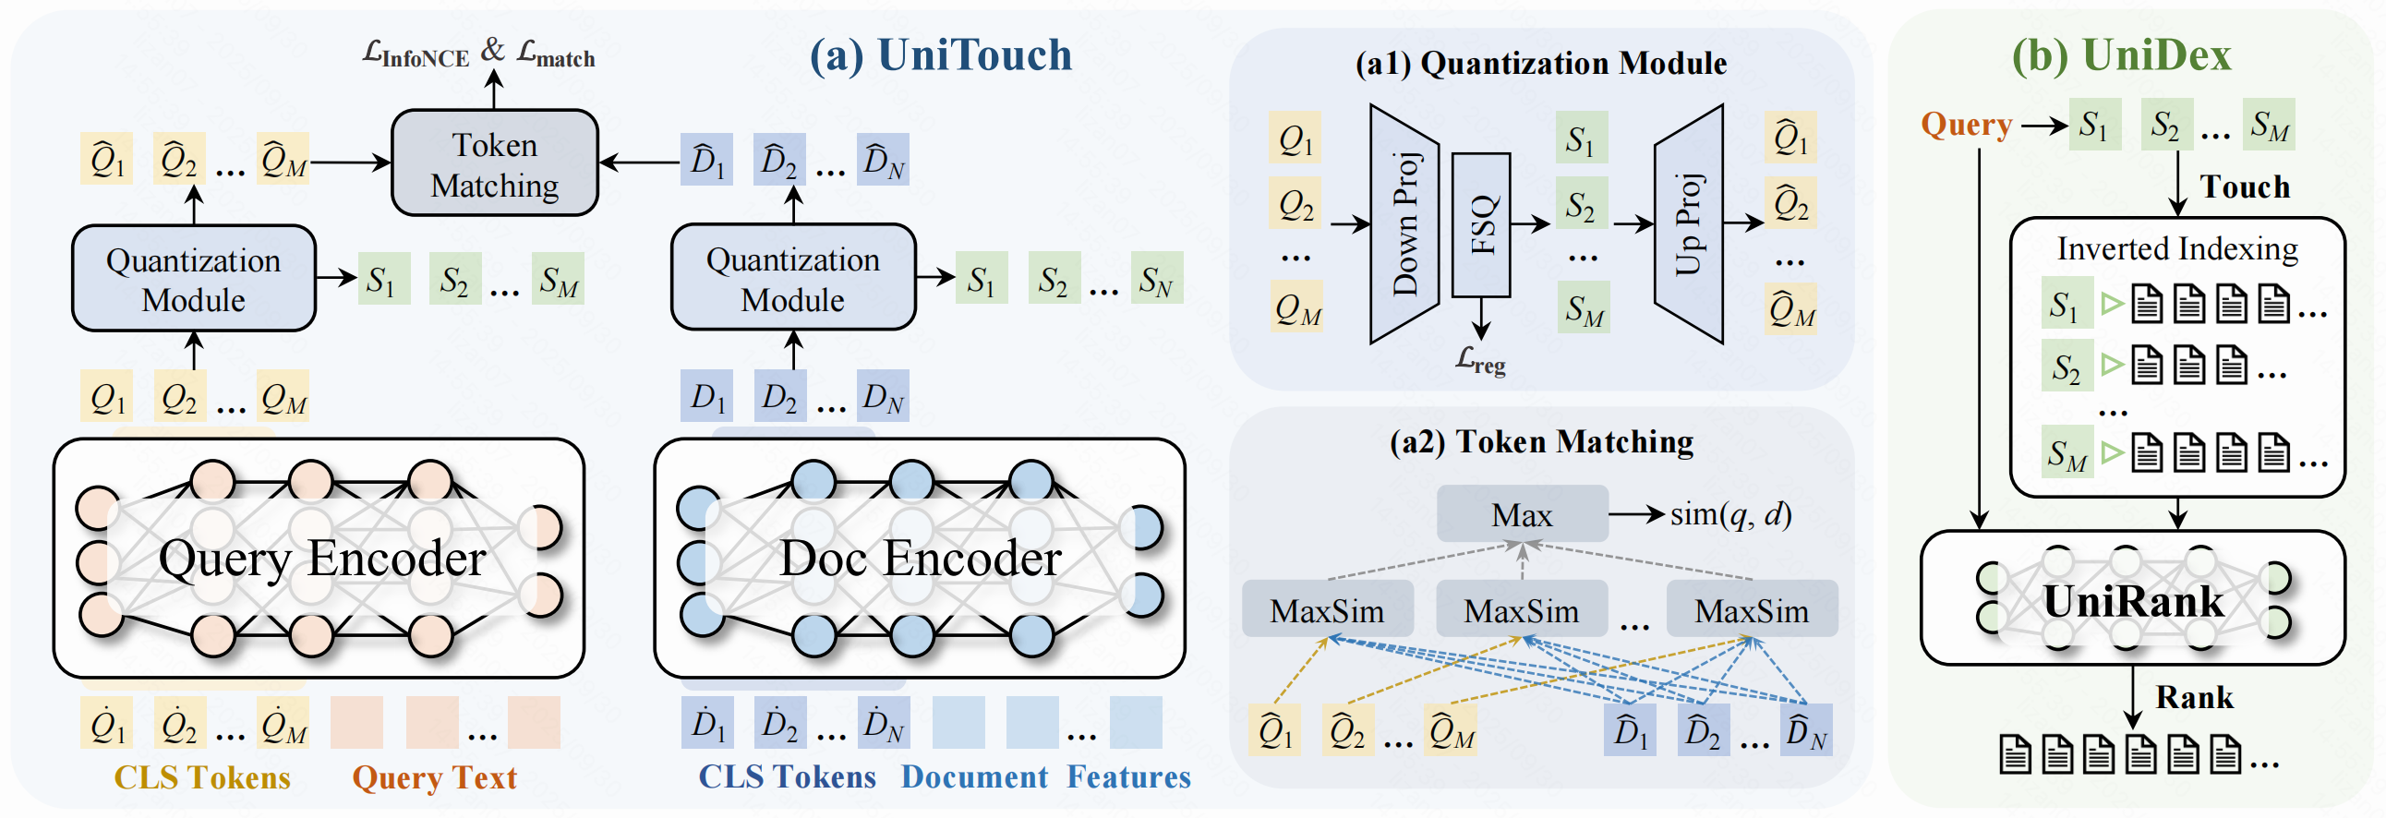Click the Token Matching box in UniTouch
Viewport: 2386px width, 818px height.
(x=495, y=164)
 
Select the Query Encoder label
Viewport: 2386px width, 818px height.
(x=321, y=558)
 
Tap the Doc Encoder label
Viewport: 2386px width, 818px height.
(x=920, y=558)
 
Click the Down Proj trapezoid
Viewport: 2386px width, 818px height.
(x=1404, y=224)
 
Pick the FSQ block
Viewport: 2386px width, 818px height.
(x=1481, y=224)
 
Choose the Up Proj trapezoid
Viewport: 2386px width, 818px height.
(x=1689, y=224)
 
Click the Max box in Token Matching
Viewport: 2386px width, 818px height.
(x=1522, y=514)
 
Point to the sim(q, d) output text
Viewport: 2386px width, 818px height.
(x=1730, y=514)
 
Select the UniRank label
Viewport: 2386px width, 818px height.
(x=2132, y=601)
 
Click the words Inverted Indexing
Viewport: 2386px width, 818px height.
(x=2176, y=248)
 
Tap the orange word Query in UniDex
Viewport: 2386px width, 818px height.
(x=1966, y=124)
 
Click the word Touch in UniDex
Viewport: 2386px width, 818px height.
(x=2245, y=187)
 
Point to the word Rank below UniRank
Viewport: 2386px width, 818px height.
(x=2193, y=697)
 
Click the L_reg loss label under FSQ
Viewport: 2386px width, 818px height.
(x=1480, y=359)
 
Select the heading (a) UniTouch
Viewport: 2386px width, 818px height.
(x=940, y=54)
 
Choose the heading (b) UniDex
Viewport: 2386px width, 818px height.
(x=2121, y=54)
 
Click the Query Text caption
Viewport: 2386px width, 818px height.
(x=434, y=777)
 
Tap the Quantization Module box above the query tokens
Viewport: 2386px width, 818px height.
(x=194, y=279)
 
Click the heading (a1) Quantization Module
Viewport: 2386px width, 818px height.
(x=1540, y=63)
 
